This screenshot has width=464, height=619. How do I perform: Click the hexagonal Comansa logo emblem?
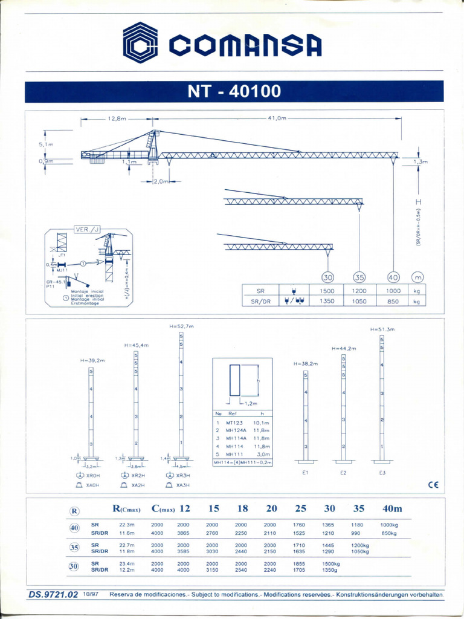(x=140, y=42)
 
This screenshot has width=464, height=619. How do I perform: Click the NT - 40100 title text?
(x=234, y=92)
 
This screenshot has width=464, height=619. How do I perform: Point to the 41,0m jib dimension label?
(x=276, y=118)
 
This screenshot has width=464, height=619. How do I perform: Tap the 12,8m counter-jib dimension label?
(x=117, y=118)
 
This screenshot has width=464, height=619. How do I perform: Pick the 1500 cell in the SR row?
(x=327, y=290)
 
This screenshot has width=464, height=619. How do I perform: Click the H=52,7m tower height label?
(x=181, y=326)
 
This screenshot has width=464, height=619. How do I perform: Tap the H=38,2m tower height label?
(x=305, y=364)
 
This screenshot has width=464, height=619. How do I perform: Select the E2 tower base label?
(x=343, y=472)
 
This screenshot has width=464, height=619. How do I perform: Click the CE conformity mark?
(x=433, y=484)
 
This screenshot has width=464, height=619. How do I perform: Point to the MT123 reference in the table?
(x=234, y=423)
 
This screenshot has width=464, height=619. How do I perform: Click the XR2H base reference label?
(x=138, y=476)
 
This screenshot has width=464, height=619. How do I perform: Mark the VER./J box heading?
(x=85, y=230)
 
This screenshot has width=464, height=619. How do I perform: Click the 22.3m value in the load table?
(x=127, y=525)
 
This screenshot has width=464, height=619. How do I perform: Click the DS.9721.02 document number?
(x=53, y=595)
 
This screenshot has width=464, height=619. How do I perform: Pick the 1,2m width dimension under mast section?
(x=250, y=403)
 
